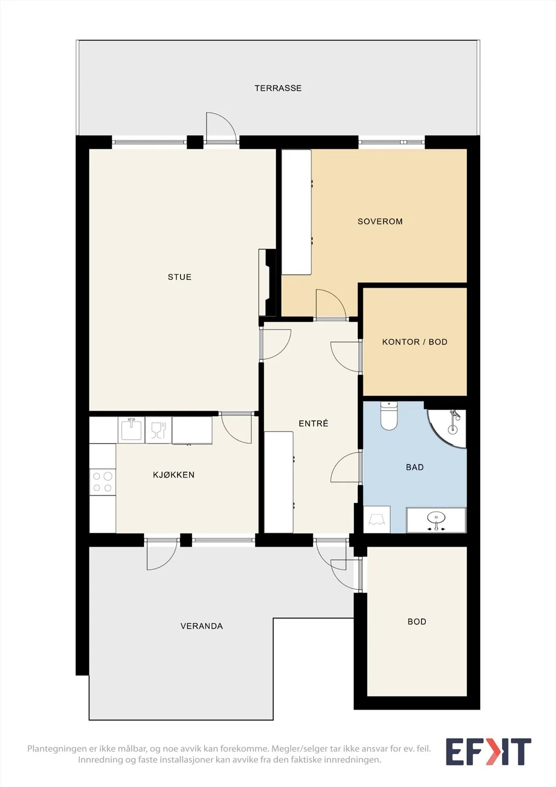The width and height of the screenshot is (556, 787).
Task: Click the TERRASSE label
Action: (x=278, y=88)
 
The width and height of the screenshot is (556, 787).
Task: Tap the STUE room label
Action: (x=179, y=277)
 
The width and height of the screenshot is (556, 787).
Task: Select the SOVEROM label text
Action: (x=380, y=221)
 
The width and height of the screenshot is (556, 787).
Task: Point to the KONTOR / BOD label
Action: (x=415, y=342)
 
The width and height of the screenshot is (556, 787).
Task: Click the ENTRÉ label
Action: (x=313, y=423)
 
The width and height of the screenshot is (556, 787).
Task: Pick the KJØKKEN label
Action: (x=174, y=475)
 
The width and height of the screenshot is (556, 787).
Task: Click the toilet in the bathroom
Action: (x=389, y=416)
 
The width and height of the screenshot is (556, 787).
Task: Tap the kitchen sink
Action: (x=131, y=430)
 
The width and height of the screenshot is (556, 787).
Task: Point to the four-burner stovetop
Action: (x=103, y=482)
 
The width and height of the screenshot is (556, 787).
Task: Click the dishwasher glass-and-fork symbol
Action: (x=158, y=430)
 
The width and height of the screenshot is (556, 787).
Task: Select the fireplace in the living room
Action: (x=267, y=282)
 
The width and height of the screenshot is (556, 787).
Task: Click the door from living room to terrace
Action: (x=221, y=127)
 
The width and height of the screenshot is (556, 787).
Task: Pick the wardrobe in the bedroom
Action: (x=297, y=212)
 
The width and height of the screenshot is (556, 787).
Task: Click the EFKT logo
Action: (x=488, y=752)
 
